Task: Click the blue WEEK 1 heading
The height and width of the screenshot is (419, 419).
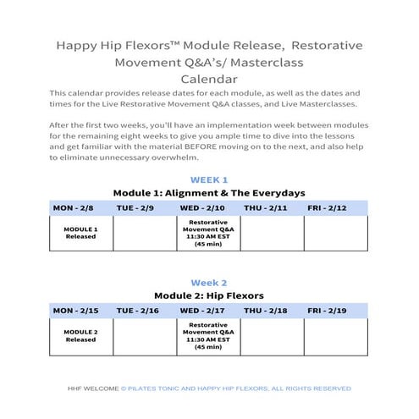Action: tap(208, 179)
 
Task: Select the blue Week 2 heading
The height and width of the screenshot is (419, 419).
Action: tap(208, 282)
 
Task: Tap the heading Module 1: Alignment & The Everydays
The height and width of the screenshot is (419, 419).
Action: tap(208, 193)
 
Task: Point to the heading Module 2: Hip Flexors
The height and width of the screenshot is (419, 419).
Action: tap(208, 295)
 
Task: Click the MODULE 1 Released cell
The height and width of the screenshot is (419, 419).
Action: tap(81, 233)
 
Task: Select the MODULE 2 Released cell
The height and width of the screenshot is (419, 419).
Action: tap(81, 336)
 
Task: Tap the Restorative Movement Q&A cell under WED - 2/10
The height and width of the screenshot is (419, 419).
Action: tap(208, 233)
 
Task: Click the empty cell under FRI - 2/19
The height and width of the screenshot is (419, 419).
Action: tap(335, 336)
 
